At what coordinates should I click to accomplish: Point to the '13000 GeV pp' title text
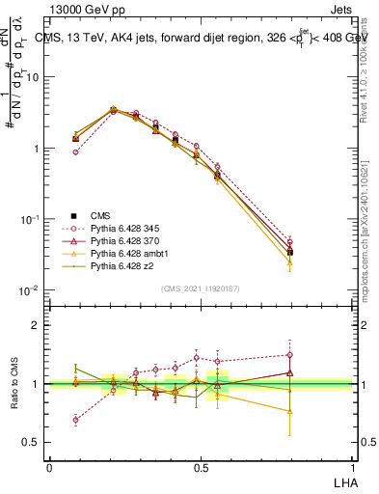82,9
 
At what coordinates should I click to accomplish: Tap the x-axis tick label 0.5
201,467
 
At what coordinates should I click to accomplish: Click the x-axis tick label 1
352,467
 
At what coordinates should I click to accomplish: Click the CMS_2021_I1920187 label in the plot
201,288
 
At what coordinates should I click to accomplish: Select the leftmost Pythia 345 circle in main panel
75,151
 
